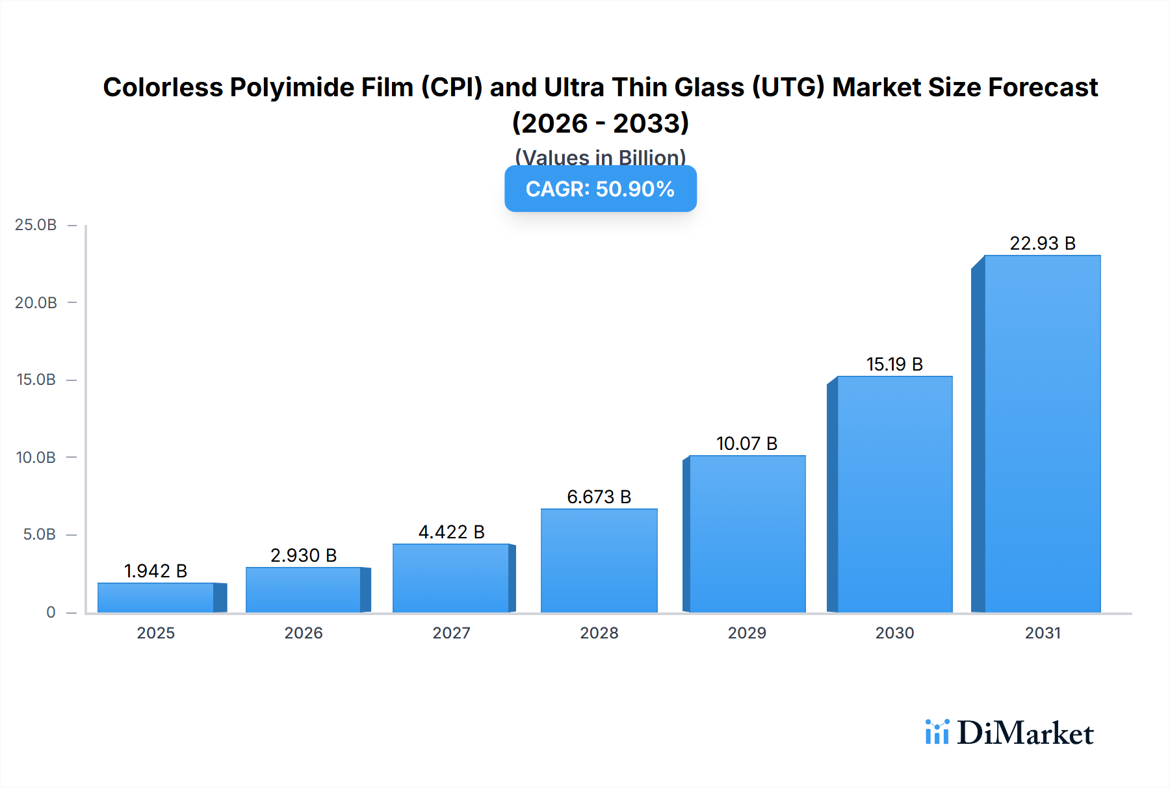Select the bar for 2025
156,598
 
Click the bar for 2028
599,560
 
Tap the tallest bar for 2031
1042,434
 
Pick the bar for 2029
747,534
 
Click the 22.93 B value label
1042,243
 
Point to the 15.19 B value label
894,364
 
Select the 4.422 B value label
451,532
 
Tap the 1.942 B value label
155,571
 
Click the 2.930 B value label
304,555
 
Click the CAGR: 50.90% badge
600,189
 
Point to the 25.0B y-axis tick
36,225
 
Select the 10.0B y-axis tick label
36,457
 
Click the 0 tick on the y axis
51,612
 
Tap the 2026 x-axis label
304,633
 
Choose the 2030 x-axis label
894,633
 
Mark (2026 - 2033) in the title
600,123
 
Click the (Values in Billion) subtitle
600,157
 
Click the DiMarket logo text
1025,733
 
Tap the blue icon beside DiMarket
937,732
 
